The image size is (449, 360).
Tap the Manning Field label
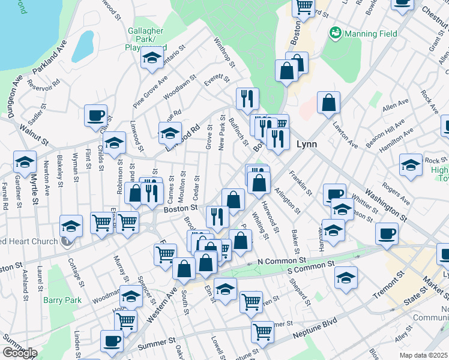(x=371, y=34)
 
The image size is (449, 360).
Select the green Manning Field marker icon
(x=334, y=33)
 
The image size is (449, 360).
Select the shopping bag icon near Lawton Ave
(x=328, y=103)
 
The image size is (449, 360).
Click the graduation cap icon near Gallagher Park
(x=152, y=58)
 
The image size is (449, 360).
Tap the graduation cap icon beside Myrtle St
(x=25, y=161)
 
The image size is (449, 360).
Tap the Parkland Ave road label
(x=49, y=58)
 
